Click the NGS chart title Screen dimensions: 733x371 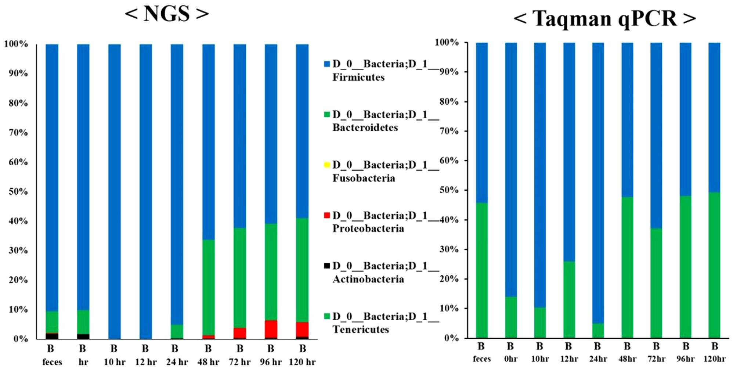pos(167,14)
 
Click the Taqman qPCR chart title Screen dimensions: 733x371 pos(604,18)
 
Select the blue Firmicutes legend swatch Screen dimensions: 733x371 pos(327,64)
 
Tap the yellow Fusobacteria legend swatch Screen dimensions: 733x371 pos(327,165)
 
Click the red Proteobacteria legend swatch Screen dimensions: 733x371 pos(327,215)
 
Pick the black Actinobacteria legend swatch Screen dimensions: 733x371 pos(327,266)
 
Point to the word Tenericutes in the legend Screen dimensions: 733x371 pos(361,329)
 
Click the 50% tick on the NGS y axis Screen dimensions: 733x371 pos(18,191)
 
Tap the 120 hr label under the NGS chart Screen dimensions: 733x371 pos(302,362)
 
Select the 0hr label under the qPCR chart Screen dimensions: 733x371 pos(510,359)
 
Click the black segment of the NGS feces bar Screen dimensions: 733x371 pos(52,336)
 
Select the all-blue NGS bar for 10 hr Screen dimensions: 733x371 pos(115,191)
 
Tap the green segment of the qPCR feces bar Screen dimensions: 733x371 pos(481,270)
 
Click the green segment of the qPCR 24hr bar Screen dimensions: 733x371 pos(598,331)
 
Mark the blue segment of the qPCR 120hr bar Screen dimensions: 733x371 pos(714,118)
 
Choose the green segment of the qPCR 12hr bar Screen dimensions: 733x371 pos(569,300)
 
